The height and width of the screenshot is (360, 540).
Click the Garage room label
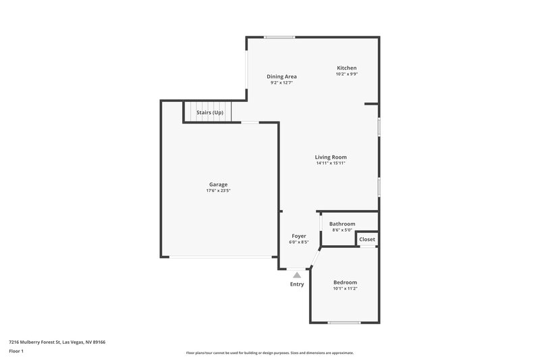[218, 184]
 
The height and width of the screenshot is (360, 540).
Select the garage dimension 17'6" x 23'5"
[218, 190]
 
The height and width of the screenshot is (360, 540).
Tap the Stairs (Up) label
[209, 112]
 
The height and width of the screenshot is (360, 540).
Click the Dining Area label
[281, 76]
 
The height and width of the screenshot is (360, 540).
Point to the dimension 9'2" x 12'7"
[281, 83]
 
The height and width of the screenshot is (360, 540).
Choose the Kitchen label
[347, 68]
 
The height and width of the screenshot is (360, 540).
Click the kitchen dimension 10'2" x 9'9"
[347, 74]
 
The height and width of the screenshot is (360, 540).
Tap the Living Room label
[331, 157]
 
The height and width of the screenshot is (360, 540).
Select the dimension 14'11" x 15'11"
[331, 163]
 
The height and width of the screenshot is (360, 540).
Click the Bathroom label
[342, 224]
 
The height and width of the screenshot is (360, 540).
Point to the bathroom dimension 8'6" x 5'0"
[342, 230]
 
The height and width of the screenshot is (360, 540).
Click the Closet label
[367, 239]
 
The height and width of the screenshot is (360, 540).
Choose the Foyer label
[298, 236]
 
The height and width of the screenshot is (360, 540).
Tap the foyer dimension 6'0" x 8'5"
[298, 242]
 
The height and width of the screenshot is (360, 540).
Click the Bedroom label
[345, 282]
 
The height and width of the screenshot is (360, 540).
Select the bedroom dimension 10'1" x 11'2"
[345, 288]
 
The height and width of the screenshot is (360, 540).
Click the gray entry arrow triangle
[297, 274]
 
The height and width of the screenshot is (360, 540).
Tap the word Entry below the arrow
[297, 284]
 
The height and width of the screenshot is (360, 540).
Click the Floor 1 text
[16, 351]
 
